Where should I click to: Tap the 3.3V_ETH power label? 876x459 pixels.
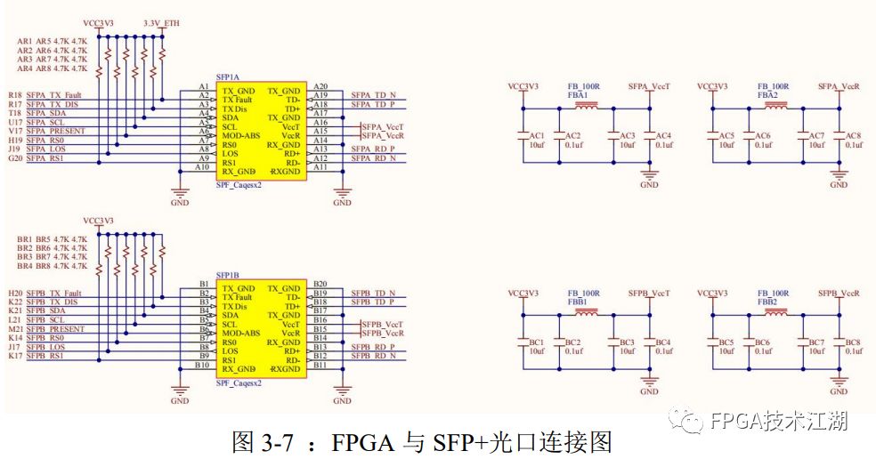click(159, 22)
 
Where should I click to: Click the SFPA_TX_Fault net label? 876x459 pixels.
click(55, 95)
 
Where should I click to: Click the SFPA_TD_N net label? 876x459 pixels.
click(372, 95)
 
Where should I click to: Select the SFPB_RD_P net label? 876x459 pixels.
click(372, 347)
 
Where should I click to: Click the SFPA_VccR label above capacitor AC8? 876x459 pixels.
click(839, 86)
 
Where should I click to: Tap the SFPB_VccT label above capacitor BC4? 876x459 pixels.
click(649, 293)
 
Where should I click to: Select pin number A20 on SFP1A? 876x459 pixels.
click(320, 86)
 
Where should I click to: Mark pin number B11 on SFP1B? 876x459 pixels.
click(320, 365)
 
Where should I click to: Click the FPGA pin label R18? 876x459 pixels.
click(15, 95)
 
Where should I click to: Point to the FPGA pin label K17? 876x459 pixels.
click(15, 356)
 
